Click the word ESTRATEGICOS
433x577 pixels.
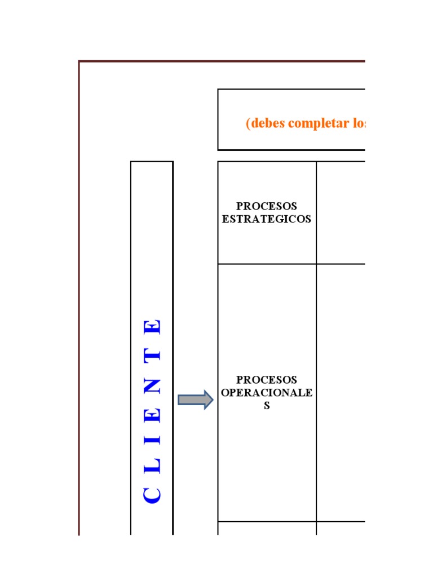tap(267, 219)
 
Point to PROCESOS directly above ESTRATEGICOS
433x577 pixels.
tap(267, 206)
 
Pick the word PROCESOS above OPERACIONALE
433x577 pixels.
tap(267, 380)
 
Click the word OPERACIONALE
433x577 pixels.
tap(267, 393)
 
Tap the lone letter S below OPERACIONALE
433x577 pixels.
tap(267, 406)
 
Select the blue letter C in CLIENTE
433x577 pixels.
tap(152, 495)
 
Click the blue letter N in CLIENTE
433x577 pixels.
tap(152, 386)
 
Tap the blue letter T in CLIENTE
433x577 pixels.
tap(152, 356)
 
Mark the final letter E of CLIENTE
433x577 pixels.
tap(152, 327)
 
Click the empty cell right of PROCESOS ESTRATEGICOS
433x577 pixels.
tap(341, 212)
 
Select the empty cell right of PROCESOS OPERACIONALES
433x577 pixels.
tap(341, 393)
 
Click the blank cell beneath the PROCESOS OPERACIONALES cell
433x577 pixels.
tap(267, 529)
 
